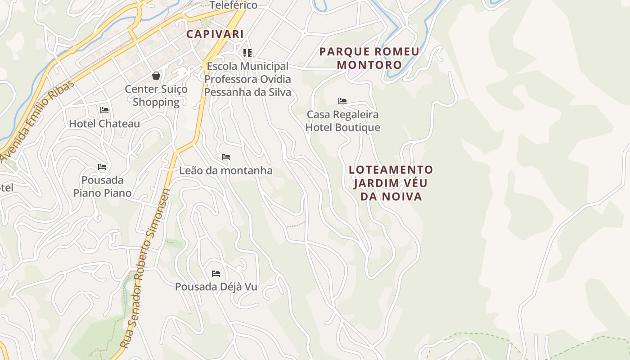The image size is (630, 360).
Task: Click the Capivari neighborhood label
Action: point(215,34)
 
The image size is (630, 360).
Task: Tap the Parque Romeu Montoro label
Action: point(369,58)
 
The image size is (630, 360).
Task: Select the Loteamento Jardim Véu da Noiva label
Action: point(391,183)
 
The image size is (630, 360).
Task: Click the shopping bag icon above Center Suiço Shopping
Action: point(156,75)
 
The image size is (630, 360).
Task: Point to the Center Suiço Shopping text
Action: point(156,95)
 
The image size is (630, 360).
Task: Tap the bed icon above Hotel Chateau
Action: point(104,110)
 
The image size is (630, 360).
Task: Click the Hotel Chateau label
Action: point(104,123)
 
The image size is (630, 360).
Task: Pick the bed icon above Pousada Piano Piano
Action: point(102,167)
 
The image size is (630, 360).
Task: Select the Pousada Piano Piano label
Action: point(103,186)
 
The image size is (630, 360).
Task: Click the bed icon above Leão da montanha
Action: point(226,157)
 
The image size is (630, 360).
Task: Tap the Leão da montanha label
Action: point(226,171)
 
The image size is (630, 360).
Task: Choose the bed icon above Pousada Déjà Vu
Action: point(216,273)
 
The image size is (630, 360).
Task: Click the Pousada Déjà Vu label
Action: point(216,287)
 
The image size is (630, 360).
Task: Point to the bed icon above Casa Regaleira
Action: point(342,101)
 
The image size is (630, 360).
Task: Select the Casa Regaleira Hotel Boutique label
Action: point(342,121)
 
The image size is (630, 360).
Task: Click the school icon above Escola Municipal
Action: point(247,53)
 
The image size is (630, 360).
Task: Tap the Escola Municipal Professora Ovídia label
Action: point(247,79)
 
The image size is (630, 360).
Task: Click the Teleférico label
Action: point(234,5)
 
